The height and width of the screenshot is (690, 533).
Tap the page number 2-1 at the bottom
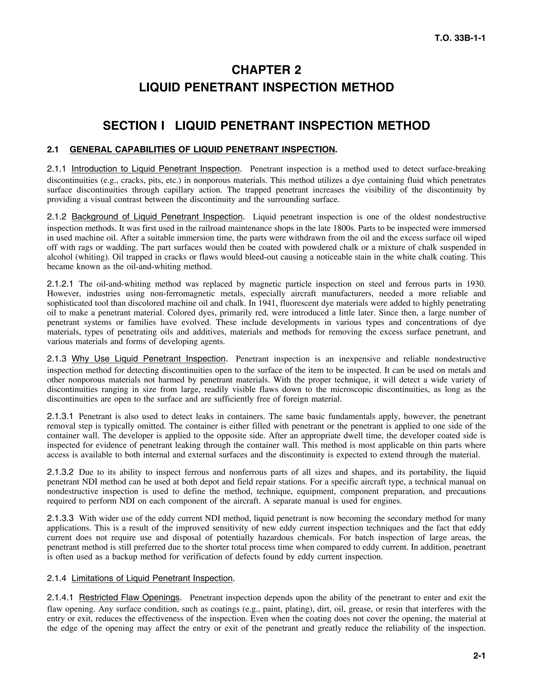(479, 656)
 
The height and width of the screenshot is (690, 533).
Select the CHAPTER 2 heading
(266, 70)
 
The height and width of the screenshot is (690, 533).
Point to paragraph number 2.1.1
(56, 169)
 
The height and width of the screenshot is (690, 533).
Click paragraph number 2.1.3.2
(60, 472)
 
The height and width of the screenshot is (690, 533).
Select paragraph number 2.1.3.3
(60, 518)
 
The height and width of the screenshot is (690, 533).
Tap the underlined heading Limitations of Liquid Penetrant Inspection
(152, 579)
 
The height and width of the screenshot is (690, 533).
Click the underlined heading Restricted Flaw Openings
(129, 598)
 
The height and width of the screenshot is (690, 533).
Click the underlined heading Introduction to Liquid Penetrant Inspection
(155, 169)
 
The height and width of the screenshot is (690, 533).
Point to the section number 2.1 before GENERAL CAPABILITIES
(53, 150)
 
